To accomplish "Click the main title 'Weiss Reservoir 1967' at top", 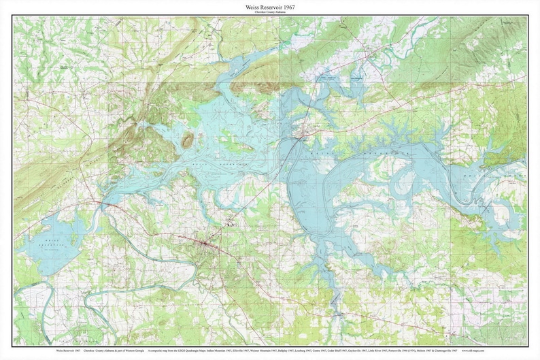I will [270, 6].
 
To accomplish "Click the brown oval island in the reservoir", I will [188, 140].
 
